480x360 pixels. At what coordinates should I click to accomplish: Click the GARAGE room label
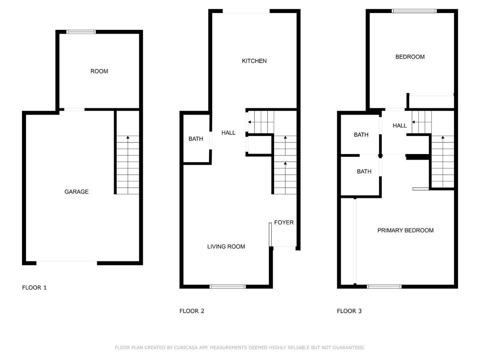tap(77, 192)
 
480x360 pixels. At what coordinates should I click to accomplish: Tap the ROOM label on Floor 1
tap(99, 71)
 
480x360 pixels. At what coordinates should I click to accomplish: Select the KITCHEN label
tap(254, 61)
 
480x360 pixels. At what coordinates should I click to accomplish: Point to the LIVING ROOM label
tap(226, 246)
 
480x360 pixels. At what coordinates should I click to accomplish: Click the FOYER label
tap(284, 222)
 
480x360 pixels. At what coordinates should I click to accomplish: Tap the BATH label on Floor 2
tap(196, 139)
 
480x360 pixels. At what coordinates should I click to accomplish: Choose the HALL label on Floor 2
tap(228, 133)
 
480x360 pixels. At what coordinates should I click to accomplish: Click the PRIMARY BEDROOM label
tap(405, 230)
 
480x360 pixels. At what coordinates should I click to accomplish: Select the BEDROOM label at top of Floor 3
tap(410, 57)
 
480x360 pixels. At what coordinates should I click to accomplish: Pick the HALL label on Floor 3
tap(400, 126)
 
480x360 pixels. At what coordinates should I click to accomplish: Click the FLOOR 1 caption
tap(34, 287)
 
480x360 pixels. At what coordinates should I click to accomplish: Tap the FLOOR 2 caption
tap(192, 311)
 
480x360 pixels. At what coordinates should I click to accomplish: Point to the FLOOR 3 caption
tap(349, 311)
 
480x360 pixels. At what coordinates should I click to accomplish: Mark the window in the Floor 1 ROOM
tap(81, 32)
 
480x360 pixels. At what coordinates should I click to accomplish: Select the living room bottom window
tap(228, 287)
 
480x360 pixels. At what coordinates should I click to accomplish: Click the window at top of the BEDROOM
tap(414, 11)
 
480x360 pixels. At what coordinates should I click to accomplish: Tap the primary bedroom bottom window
tap(384, 287)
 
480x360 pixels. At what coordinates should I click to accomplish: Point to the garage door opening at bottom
tap(67, 262)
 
